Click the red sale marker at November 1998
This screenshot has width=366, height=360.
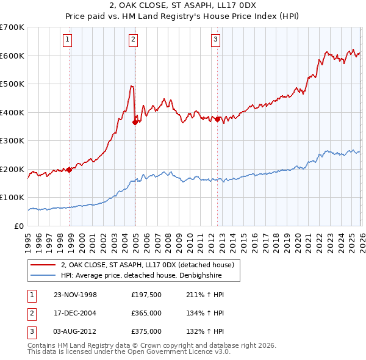tap(70, 170)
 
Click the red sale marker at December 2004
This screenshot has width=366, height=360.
tap(135, 122)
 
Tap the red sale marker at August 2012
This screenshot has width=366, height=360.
tap(217, 119)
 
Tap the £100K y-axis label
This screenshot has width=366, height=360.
tap(12, 198)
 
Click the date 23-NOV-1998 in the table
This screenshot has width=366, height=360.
tap(76, 295)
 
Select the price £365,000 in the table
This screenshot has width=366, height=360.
tap(146, 313)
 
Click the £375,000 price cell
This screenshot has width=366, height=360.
tap(146, 331)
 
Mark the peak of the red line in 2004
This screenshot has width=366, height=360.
tap(131, 86)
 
